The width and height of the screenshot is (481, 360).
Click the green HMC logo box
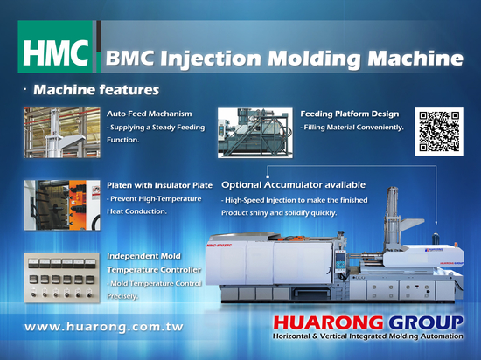pyautogui.click(x=55, y=46)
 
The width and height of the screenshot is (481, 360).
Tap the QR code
pyautogui.click(x=439, y=131)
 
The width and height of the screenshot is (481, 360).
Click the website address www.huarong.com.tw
pyautogui.click(x=104, y=327)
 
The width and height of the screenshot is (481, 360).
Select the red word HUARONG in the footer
pyautogui.click(x=328, y=322)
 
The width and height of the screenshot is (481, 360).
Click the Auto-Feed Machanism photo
pyautogui.click(x=62, y=133)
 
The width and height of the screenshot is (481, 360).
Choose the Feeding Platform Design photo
pyautogui.click(x=255, y=133)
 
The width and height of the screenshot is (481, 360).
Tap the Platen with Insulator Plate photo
pyautogui.click(x=62, y=205)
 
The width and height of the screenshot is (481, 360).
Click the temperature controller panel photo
pyautogui.click(x=62, y=278)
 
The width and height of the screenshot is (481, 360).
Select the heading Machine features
pyautogui.click(x=96, y=90)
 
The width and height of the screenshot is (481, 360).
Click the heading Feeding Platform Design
pyautogui.click(x=350, y=114)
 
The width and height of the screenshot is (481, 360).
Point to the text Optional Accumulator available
pyautogui.click(x=294, y=184)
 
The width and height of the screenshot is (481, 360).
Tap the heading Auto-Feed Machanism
pyautogui.click(x=150, y=114)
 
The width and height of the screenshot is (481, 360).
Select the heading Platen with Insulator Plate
pyautogui.click(x=159, y=185)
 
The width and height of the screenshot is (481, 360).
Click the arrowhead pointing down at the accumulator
pyautogui.click(x=436, y=224)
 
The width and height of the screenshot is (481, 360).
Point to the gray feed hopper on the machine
pyautogui.click(x=412, y=224)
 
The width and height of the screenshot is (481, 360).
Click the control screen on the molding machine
pyautogui.click(x=340, y=261)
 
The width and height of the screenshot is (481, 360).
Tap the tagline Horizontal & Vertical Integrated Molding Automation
pyautogui.click(x=368, y=336)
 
